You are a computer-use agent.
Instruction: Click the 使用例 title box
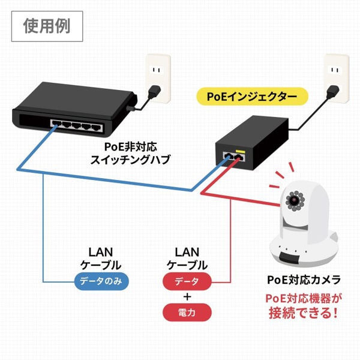click(47, 26)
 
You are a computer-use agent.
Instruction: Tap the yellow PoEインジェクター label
click(251, 96)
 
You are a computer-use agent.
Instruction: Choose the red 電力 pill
click(187, 313)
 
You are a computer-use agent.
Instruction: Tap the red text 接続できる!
click(304, 312)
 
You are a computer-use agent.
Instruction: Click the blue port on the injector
click(229, 155)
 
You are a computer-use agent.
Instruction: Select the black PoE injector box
click(252, 141)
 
